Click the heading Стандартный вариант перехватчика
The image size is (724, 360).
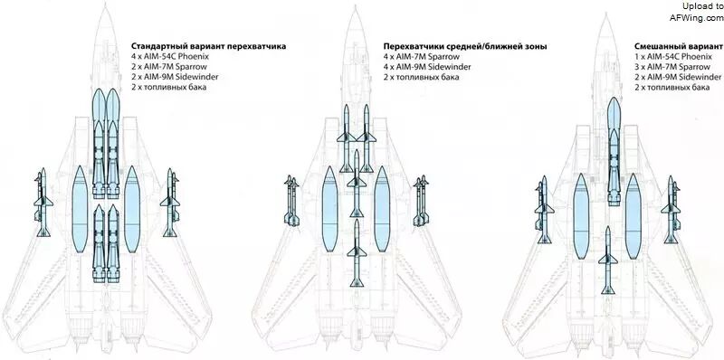[208, 46]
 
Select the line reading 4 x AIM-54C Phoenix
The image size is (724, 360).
[170, 56]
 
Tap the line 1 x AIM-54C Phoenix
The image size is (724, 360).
[672, 57]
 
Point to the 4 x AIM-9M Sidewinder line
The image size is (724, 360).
[427, 67]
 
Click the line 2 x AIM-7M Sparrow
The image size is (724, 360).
[169, 66]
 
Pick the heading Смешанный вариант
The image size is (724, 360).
[678, 47]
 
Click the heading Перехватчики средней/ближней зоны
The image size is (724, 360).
[465, 47]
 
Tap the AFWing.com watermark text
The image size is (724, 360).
[697, 17]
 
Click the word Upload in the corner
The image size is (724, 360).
[696, 6]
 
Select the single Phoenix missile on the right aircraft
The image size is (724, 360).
[614, 151]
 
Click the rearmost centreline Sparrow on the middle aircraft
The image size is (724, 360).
[357, 253]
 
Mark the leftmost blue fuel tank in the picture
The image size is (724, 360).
[80, 210]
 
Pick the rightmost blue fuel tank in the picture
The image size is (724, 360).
[633, 216]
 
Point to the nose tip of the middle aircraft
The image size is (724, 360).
[355, 5]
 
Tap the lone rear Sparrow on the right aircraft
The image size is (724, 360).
[607, 260]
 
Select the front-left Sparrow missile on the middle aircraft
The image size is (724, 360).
[347, 138]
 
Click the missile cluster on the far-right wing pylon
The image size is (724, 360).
[672, 210]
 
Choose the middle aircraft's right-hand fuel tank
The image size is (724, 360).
[382, 209]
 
